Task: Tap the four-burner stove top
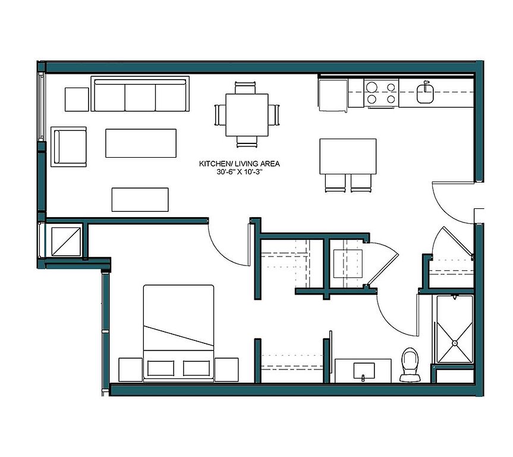point(381,93)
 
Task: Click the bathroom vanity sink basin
point(364,371)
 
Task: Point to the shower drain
point(454,343)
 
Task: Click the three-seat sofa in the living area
point(140,94)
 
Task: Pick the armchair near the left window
point(69,147)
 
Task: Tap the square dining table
point(247,115)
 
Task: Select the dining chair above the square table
point(245,89)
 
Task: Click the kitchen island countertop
point(348,156)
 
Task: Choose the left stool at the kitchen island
point(335,183)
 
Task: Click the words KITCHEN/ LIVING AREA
point(240,164)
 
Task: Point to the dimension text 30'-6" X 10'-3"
point(240,172)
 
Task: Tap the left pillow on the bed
point(160,368)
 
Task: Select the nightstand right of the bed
point(226,370)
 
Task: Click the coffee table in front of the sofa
point(141,143)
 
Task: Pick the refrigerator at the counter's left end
point(333,95)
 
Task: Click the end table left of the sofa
point(77,99)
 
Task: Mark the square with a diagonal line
point(66,242)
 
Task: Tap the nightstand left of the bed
point(131,370)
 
